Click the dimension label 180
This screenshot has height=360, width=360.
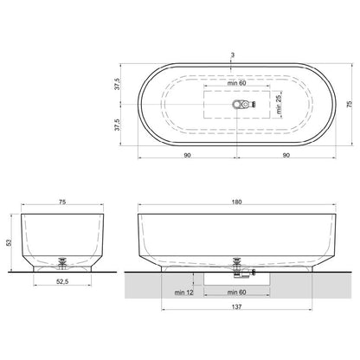click(x=236, y=202)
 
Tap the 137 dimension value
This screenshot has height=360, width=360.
click(x=236, y=306)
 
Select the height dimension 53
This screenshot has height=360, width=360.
click(x=10, y=242)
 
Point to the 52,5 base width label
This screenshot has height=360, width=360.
click(x=62, y=282)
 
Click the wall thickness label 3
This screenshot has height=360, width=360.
click(x=233, y=55)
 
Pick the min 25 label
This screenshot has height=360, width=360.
click(x=279, y=104)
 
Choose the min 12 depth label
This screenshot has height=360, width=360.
click(x=183, y=292)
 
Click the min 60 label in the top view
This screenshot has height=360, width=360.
click(x=236, y=83)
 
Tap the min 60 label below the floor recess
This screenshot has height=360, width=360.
click(x=236, y=292)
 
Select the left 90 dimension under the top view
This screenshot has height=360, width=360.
click(x=187, y=155)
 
